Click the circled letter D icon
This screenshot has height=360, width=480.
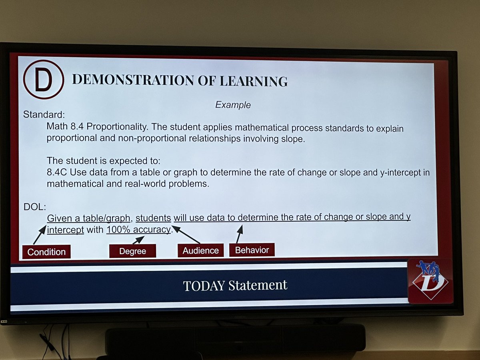[x=43, y=80]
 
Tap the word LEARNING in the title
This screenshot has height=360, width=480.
[x=254, y=81]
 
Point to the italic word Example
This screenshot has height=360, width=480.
[x=233, y=105]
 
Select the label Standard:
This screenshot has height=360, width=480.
[x=44, y=114]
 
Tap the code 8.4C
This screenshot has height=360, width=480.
[x=58, y=173]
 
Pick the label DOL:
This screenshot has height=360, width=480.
[x=35, y=207]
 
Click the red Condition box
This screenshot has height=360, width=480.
[x=46, y=252]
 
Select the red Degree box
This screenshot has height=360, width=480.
[x=132, y=251]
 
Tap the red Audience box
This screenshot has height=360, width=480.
[x=200, y=250]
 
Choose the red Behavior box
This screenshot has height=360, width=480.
[x=252, y=250]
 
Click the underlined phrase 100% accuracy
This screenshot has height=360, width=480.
[x=138, y=230]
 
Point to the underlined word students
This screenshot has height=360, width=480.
[x=153, y=218]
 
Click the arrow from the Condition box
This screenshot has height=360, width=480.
[x=40, y=235]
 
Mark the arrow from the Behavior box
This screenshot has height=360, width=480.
[x=239, y=234]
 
